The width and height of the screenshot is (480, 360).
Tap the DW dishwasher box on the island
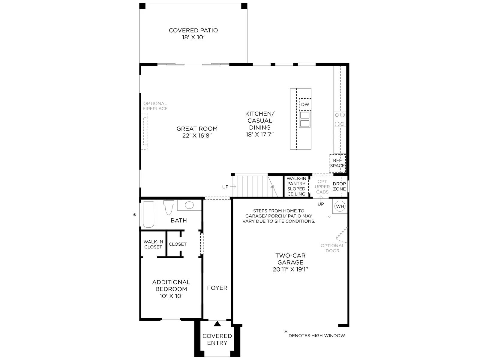305,104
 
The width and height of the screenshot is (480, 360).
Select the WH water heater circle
340,206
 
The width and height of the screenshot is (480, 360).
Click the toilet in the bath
169,207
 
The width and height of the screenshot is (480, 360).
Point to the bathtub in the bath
148,214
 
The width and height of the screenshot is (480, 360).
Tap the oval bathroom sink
189,205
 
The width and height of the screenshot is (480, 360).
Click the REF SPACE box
337,163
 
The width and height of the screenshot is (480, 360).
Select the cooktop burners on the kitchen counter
340,119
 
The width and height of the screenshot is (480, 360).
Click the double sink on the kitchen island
305,119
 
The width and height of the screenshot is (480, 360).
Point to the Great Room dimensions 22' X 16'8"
197,136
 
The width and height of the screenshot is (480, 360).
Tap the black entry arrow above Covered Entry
217,323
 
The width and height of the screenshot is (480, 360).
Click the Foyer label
217,288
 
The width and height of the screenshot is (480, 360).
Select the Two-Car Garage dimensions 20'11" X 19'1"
290,269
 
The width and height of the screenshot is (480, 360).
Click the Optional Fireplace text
155,106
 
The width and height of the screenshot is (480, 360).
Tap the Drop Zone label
339,186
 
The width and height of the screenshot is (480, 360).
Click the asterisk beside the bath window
134,215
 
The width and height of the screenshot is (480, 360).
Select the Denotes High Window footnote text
316,335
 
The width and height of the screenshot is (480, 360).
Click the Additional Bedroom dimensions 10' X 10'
171,296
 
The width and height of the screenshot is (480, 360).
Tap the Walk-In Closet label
153,244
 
